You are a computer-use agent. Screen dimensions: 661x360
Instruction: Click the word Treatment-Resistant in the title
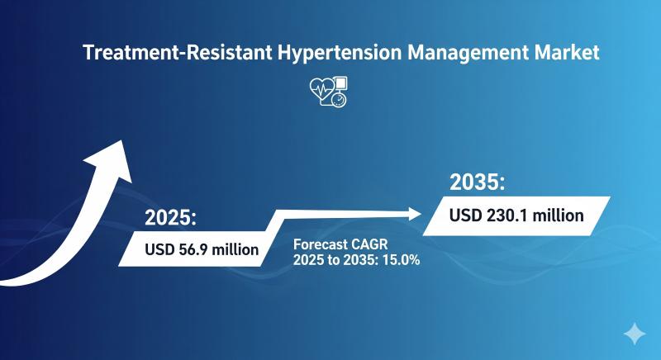pyautogui.click(x=178, y=53)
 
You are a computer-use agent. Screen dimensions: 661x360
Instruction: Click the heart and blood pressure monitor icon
pyautogui.click(x=328, y=91)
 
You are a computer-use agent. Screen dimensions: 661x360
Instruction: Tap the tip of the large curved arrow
pyautogui.click(x=122, y=140)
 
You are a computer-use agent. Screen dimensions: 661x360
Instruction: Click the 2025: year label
pyautogui.click(x=171, y=218)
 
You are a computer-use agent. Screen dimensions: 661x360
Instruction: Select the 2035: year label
pyautogui.click(x=478, y=182)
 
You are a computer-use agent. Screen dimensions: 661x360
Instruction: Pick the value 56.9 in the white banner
pyautogui.click(x=193, y=249)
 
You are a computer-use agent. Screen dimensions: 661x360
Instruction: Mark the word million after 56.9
pyautogui.click(x=235, y=249)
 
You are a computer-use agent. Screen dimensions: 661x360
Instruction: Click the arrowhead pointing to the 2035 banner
pyautogui.click(x=415, y=214)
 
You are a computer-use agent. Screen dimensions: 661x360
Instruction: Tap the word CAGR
pyautogui.click(x=369, y=244)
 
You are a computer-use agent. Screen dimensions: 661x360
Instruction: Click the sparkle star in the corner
pyautogui.click(x=635, y=334)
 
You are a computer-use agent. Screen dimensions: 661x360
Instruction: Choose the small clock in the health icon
pyautogui.click(x=339, y=100)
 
